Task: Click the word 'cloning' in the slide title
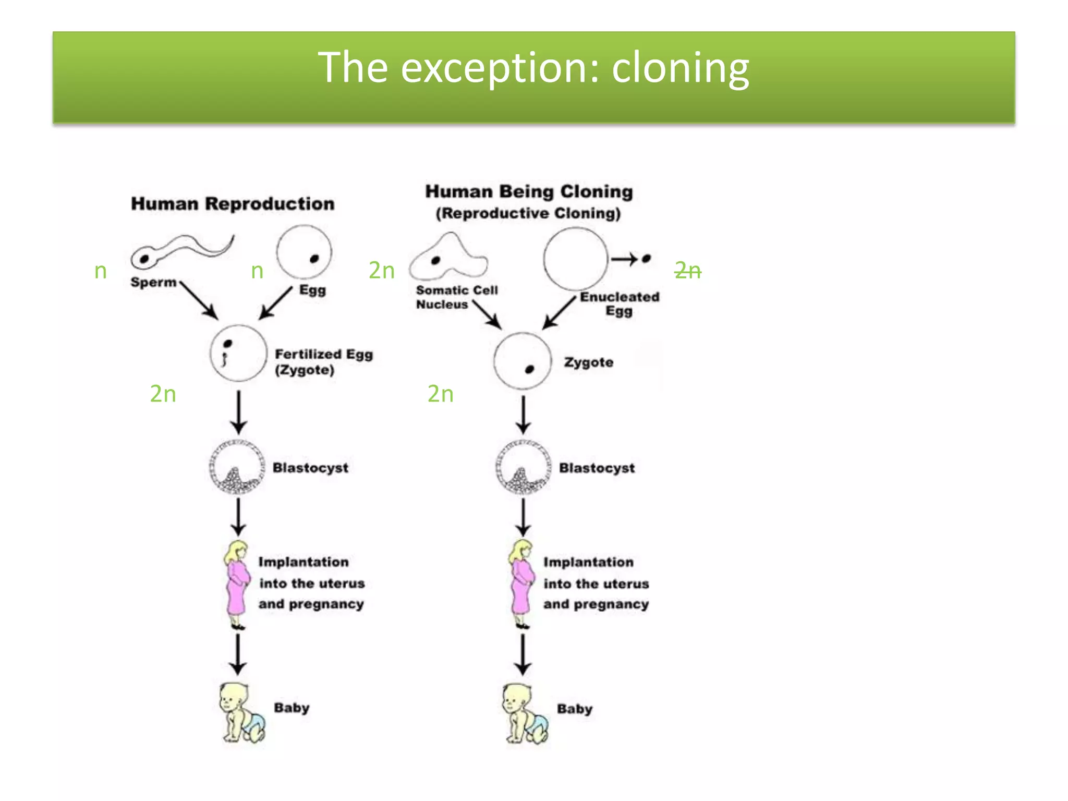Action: pos(680,68)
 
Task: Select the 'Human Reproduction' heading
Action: pos(233,204)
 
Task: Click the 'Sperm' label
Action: pos(153,282)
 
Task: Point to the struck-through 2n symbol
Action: pos(688,270)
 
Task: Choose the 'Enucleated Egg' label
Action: pos(620,304)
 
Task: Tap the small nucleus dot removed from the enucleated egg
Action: pos(647,258)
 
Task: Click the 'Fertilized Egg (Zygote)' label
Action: pos(324,362)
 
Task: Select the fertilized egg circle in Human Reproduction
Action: pos(238,353)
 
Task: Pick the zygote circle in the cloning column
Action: pos(523,361)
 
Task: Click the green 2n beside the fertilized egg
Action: pos(163,394)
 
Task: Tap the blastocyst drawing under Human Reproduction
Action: pos(237,467)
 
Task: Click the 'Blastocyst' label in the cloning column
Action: pos(597,468)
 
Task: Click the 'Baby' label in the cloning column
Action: pos(575,709)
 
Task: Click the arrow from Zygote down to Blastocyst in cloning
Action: pos(523,415)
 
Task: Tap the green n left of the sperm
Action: pos(101,271)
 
